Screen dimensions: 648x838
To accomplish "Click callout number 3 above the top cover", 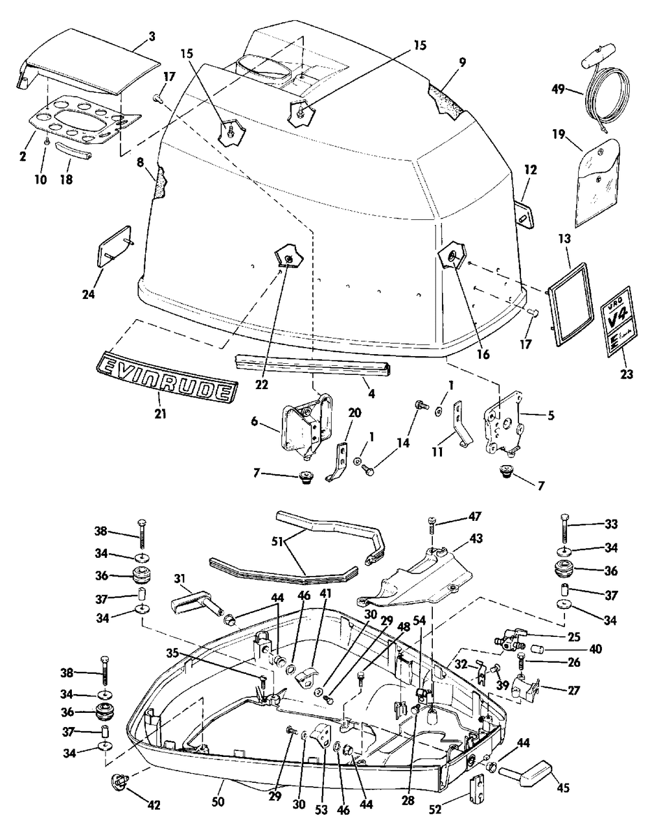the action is tap(152, 36).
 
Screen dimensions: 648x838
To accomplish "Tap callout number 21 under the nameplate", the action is tap(160, 414).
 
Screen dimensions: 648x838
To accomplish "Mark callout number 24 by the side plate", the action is tap(88, 294).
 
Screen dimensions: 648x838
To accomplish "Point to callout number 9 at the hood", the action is tap(463, 62).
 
